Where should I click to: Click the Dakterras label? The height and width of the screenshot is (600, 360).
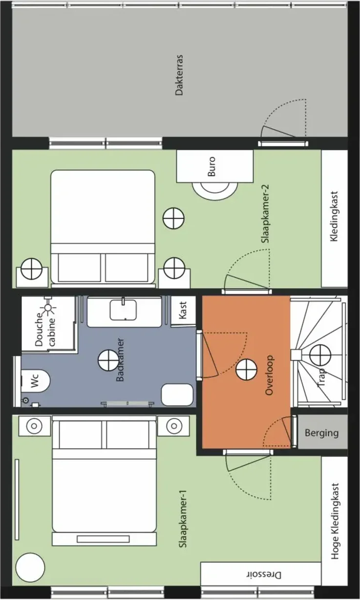pos(179,75)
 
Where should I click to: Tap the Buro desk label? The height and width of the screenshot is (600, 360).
pos(212,166)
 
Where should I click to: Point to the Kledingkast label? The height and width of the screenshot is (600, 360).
pos(334,216)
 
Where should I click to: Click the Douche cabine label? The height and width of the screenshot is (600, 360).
pos(45,330)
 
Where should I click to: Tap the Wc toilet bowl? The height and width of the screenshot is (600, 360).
pos(36,381)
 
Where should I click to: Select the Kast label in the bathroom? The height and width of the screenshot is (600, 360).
pos(183,310)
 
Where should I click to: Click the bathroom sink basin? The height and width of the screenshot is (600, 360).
pos(123,310)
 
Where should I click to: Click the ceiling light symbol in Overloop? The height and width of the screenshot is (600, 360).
pos(246,370)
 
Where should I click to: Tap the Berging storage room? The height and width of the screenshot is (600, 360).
pos(322,432)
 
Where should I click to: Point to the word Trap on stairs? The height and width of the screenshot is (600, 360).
pos(321,377)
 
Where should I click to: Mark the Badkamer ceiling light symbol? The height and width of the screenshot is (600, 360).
pos(108,360)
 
